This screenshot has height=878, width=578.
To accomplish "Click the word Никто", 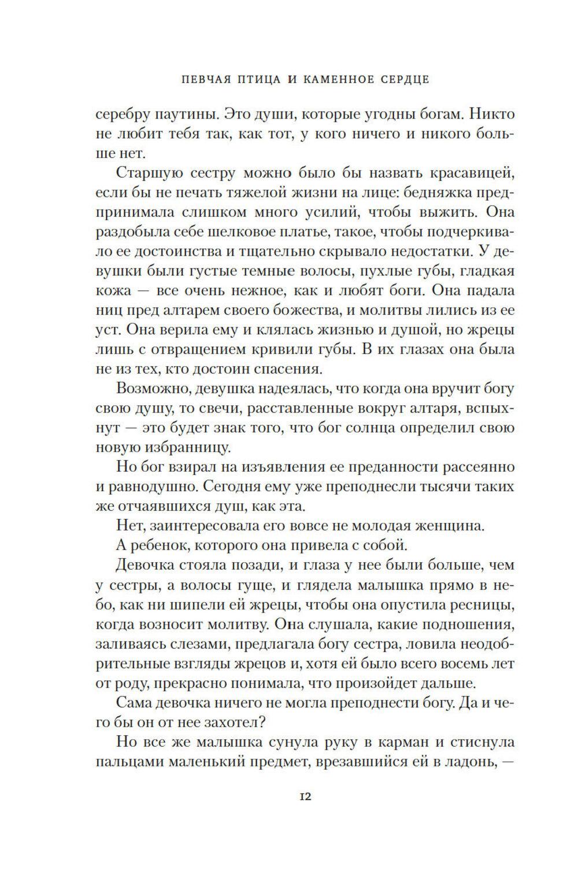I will click(x=491, y=114).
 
